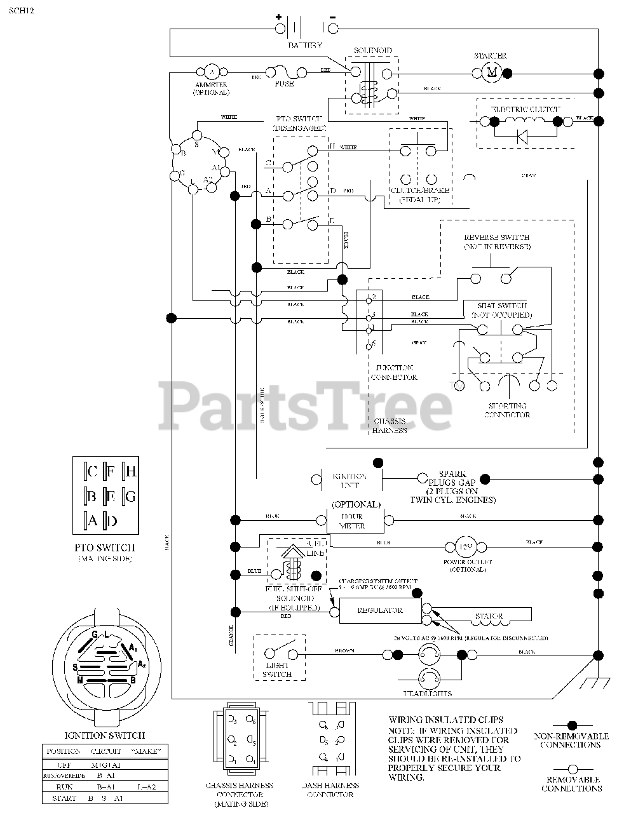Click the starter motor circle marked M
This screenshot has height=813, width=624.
(491, 73)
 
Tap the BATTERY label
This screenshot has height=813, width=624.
(304, 45)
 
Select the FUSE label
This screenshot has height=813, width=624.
(284, 83)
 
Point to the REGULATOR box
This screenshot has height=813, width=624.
(379, 610)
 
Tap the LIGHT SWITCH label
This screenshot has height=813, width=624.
(277, 669)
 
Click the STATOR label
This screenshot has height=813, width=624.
(489, 616)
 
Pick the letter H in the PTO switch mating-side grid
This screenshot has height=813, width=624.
(131, 471)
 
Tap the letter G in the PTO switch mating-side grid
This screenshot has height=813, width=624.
(131, 496)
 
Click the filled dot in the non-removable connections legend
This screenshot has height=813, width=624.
(571, 725)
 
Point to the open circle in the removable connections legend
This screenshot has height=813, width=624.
(571, 768)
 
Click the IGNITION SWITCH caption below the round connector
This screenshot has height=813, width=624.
(105, 736)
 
